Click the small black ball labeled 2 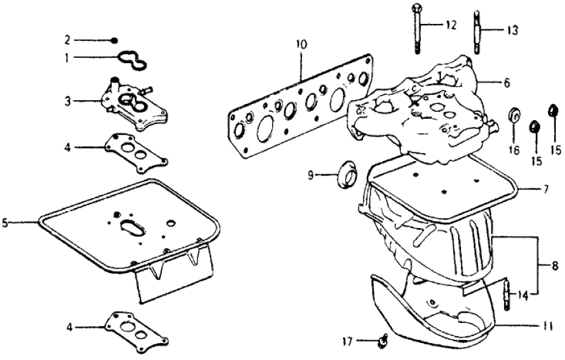114,40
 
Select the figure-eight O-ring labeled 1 134,60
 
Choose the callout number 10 300,45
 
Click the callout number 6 507,83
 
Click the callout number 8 553,265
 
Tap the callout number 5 5,222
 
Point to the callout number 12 450,25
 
